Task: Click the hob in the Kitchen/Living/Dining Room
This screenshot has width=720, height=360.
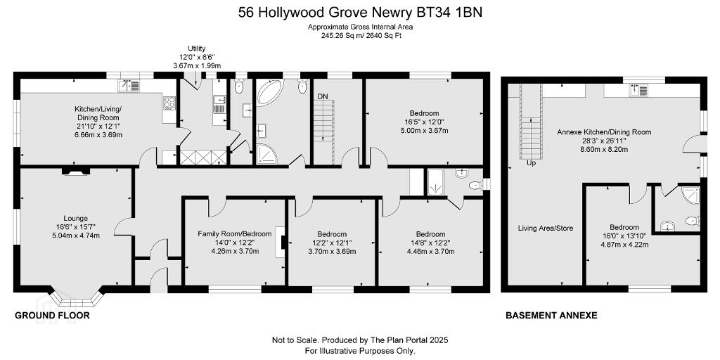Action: coord(169,103)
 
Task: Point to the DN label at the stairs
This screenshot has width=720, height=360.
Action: coord(323,96)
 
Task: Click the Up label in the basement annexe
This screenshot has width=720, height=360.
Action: coord(531,163)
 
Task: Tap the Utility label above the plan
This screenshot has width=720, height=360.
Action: coord(197,49)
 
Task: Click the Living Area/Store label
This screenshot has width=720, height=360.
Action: coord(546,229)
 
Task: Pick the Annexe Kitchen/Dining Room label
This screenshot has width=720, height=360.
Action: coord(604,132)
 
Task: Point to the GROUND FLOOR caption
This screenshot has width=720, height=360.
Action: coord(52,316)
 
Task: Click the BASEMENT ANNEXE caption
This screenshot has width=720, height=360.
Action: coord(551,316)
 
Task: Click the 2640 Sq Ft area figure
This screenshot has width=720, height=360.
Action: coord(383,35)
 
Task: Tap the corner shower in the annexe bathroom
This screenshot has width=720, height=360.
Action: coord(691,195)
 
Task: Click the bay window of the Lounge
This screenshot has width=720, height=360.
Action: coord(76,297)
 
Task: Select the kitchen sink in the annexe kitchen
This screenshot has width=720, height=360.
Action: coord(640,91)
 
